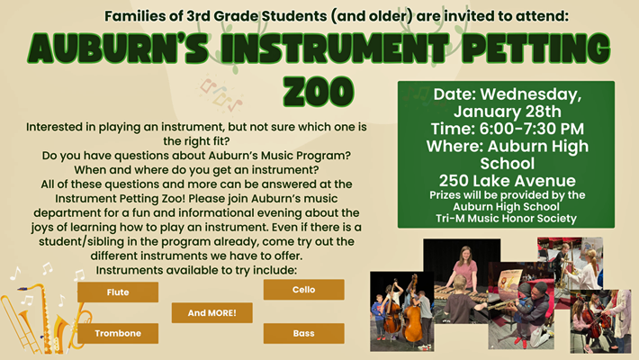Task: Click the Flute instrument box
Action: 117,292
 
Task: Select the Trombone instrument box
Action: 117,333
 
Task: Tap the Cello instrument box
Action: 303,289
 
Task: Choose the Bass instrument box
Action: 303,333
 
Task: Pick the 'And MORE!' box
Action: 211,312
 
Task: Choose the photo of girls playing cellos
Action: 599,319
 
